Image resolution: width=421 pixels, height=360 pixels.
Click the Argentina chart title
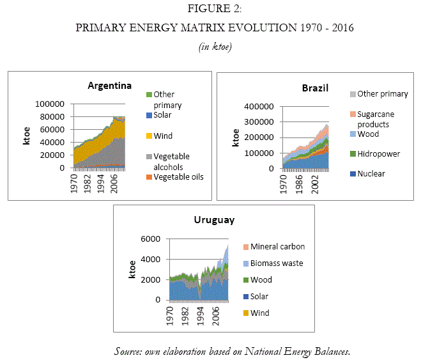[x=110, y=86]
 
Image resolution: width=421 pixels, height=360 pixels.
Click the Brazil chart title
[x=315, y=88]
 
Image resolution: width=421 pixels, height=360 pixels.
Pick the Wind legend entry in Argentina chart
[x=164, y=136]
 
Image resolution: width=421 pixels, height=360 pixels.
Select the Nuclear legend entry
[x=372, y=173]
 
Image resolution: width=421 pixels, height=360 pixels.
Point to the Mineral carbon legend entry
[x=277, y=246]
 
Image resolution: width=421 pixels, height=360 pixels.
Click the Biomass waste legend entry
[x=277, y=263]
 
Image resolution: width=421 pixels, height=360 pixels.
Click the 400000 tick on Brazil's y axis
[x=260, y=106]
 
